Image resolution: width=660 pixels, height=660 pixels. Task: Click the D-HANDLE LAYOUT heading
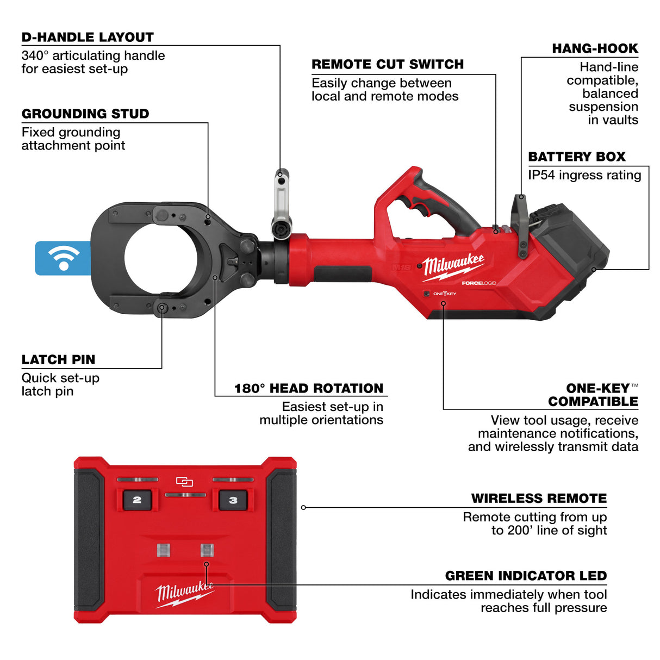pos(88,38)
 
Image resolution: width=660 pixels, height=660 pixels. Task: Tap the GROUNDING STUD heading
pos(85,114)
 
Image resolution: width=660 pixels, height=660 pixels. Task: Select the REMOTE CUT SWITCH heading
pos(388,65)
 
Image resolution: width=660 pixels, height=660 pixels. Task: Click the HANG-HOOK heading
pos(595,49)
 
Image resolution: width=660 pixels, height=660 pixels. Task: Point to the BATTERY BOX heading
pos(577,157)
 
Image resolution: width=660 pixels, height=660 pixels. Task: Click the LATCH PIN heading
pos(58,360)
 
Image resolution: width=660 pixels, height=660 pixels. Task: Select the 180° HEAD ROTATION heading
pos(308,389)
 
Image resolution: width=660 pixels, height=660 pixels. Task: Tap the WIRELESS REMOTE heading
pos(539,499)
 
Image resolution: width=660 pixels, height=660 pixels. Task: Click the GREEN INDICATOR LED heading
pos(526,576)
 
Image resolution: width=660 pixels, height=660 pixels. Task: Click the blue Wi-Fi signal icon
pos(63,258)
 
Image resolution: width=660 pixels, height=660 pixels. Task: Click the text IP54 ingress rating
pos(584,176)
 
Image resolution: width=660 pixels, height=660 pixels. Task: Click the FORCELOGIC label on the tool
pos(478,283)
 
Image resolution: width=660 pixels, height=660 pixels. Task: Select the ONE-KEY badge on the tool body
pos(444,294)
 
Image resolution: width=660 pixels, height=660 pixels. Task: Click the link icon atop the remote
pos(185,482)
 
